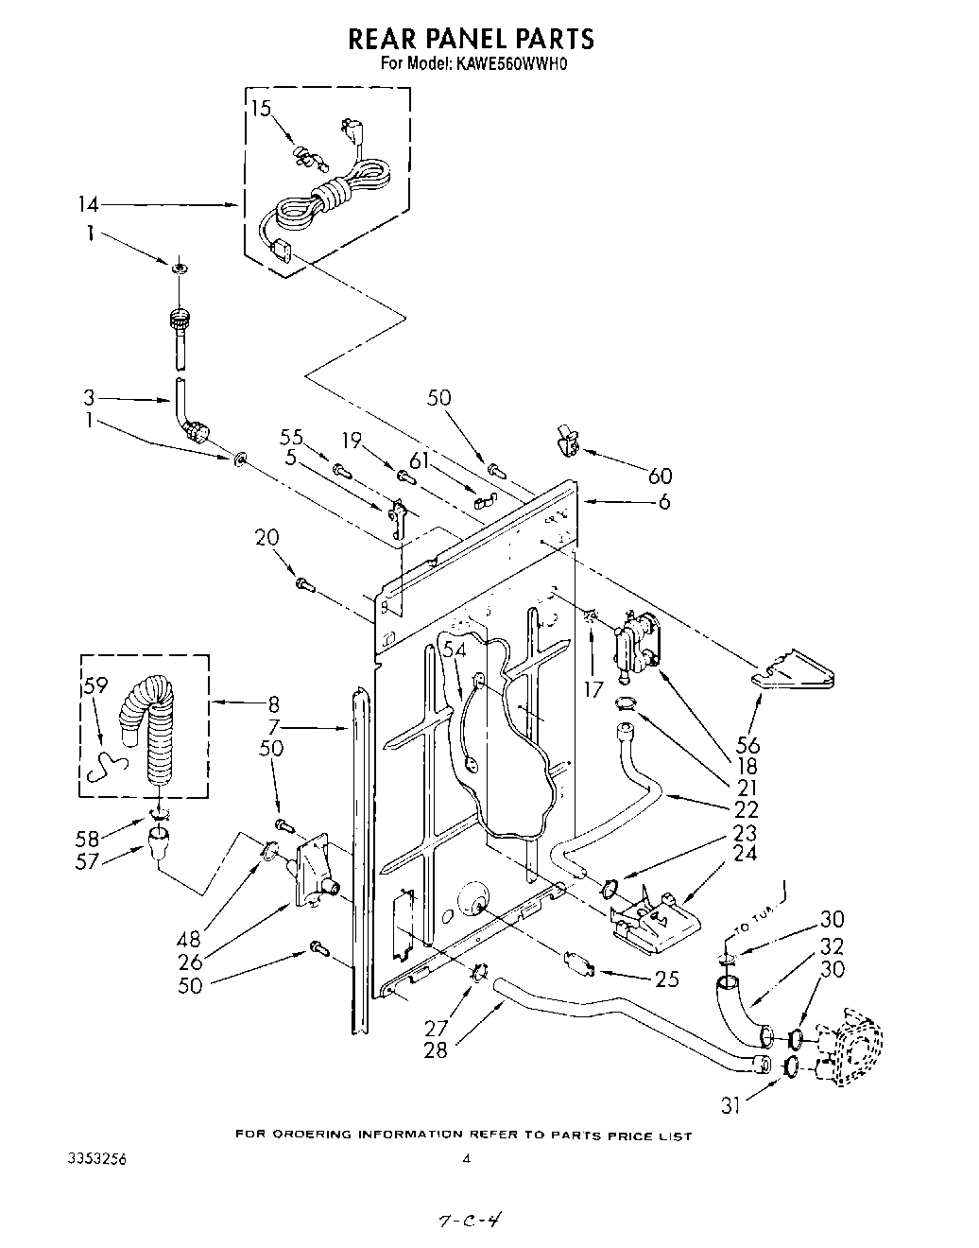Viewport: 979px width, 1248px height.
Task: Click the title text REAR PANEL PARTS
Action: (x=472, y=38)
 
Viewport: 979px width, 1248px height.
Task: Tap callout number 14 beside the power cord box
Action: (x=88, y=204)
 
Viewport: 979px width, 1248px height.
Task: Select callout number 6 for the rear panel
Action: (x=664, y=502)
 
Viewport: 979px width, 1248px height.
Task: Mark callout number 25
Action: (x=666, y=979)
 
